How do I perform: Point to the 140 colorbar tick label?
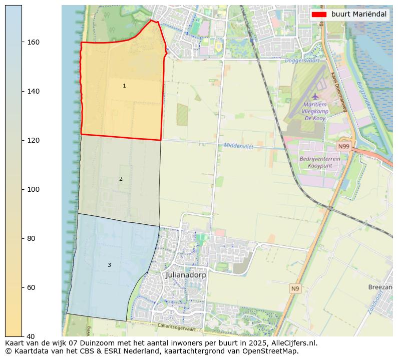tap(33, 91)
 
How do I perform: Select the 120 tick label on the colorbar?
tap(33, 140)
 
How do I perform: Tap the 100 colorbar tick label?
tap(33, 189)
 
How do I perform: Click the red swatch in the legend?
tap(319, 14)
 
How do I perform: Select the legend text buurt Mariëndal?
tap(358, 14)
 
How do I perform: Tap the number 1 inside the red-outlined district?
tap(124, 86)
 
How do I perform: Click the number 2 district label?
tap(121, 179)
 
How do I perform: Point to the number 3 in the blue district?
tap(109, 265)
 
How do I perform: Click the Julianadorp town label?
tap(186, 275)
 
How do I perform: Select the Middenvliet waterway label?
tap(239, 146)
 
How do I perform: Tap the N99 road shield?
tap(343, 146)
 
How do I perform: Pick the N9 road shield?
tap(295, 288)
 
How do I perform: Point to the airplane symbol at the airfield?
tap(315, 96)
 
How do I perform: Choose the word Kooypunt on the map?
tap(320, 165)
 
